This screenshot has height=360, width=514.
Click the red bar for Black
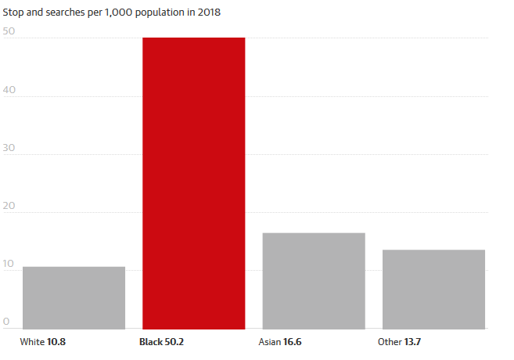click(x=194, y=183)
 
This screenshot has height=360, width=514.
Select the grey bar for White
click(x=74, y=298)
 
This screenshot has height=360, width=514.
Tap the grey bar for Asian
click(x=314, y=281)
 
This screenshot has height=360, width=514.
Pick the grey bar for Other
click(x=433, y=290)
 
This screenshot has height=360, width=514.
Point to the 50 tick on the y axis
click(x=9, y=31)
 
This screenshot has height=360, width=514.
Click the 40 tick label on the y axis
click(x=9, y=90)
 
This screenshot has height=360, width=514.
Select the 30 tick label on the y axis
click(x=9, y=148)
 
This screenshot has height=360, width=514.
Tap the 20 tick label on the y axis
click(x=9, y=206)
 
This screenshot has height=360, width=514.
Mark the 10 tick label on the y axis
click(x=9, y=264)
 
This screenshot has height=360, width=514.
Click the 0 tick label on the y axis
click(x=6, y=322)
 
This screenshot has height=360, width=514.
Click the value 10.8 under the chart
click(x=56, y=342)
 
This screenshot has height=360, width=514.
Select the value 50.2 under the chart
click(x=174, y=342)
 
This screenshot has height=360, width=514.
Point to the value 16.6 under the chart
click(x=292, y=342)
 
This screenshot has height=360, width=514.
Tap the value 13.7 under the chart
click(x=412, y=342)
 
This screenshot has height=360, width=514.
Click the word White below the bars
click(x=32, y=342)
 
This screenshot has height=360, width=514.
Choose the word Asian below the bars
click(x=269, y=342)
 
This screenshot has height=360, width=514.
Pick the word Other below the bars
click(x=390, y=342)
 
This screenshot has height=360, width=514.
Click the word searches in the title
click(x=65, y=13)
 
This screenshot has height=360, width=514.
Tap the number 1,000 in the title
click(x=118, y=13)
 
